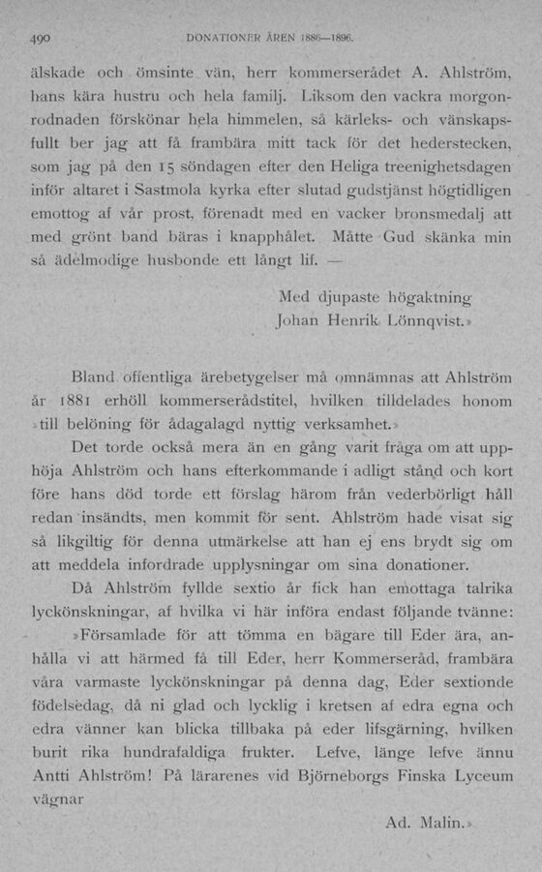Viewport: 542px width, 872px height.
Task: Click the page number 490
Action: click(x=39, y=41)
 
